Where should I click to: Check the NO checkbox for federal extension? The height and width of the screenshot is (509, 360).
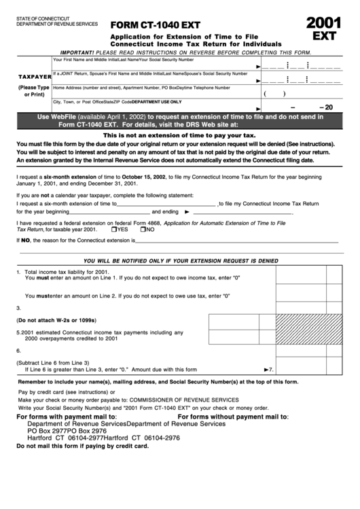tap(143, 229)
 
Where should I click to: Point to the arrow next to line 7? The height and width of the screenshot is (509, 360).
tap(266, 370)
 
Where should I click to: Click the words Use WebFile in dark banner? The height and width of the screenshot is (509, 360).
tap(58, 116)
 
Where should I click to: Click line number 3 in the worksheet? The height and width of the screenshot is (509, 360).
tap(18, 308)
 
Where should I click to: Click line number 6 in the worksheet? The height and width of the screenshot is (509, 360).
tap(18, 351)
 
